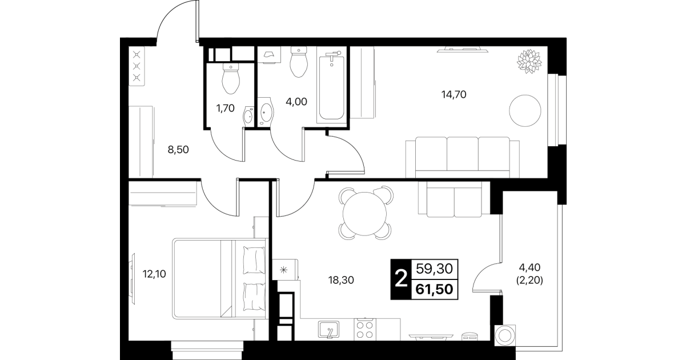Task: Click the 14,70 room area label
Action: pyautogui.click(x=454, y=95)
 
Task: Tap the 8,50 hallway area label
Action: pyautogui.click(x=178, y=150)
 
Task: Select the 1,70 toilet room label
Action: pyautogui.click(x=226, y=108)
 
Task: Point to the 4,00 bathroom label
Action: pyautogui.click(x=296, y=102)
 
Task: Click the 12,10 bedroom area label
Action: pyautogui.click(x=154, y=274)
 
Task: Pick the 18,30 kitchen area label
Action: pyautogui.click(x=341, y=280)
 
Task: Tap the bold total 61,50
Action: pyautogui.click(x=434, y=289)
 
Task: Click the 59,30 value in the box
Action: pyautogui.click(x=434, y=269)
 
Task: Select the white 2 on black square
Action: pyautogui.click(x=401, y=279)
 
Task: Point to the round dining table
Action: pyautogui.click(x=364, y=214)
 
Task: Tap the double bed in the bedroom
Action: pyautogui.click(x=219, y=279)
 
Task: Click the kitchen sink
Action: pyautogui.click(x=328, y=330)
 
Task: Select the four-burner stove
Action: pyautogui.click(x=365, y=329)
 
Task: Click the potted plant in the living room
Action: pyautogui.click(x=529, y=61)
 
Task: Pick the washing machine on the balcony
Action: pyautogui.click(x=505, y=336)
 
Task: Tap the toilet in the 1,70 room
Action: pyautogui.click(x=231, y=79)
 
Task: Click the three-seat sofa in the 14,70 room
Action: pyautogui.click(x=463, y=158)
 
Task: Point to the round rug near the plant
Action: pyautogui.click(x=525, y=111)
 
